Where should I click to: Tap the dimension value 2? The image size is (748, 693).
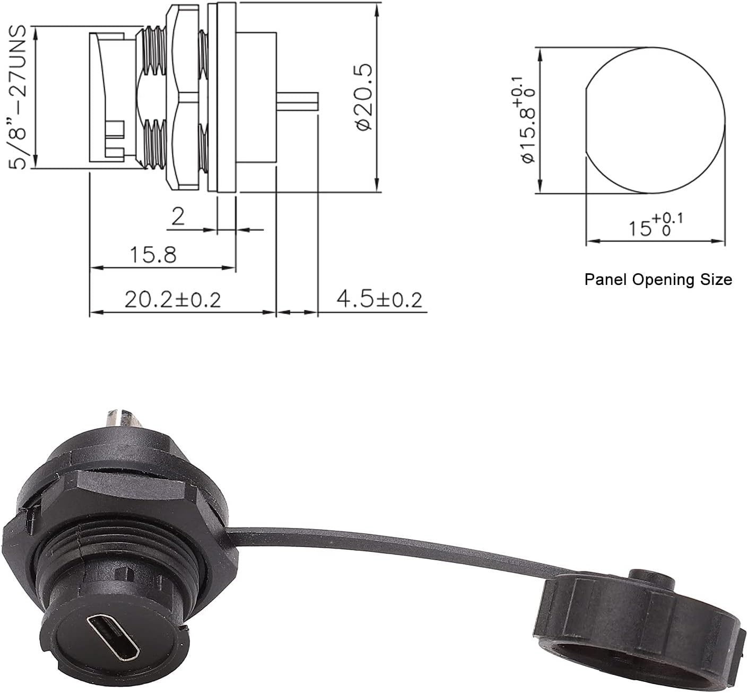pos(178,216)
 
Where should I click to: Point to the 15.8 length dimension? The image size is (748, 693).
pos(154,255)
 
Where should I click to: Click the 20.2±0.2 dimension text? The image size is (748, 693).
pos(172,300)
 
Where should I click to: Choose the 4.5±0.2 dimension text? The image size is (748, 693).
pos(379,300)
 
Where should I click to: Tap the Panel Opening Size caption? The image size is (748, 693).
pos(658,279)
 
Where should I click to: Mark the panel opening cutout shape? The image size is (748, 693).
pos(656,120)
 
